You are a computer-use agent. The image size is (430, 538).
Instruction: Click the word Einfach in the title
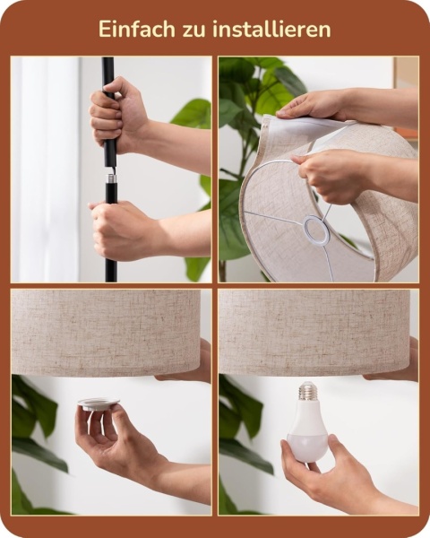(136, 29)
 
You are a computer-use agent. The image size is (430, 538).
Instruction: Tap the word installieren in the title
(271, 29)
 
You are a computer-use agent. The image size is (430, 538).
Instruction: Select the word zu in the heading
(193, 30)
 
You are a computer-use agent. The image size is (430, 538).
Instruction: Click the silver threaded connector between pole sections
(111, 178)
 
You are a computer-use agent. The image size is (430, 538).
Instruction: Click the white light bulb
(307, 424)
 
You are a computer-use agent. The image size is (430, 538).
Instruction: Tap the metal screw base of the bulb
(308, 391)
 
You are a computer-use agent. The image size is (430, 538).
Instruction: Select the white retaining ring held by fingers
(99, 403)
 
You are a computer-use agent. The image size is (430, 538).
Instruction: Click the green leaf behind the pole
(192, 113)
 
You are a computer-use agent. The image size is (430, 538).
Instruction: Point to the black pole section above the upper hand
(107, 72)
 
